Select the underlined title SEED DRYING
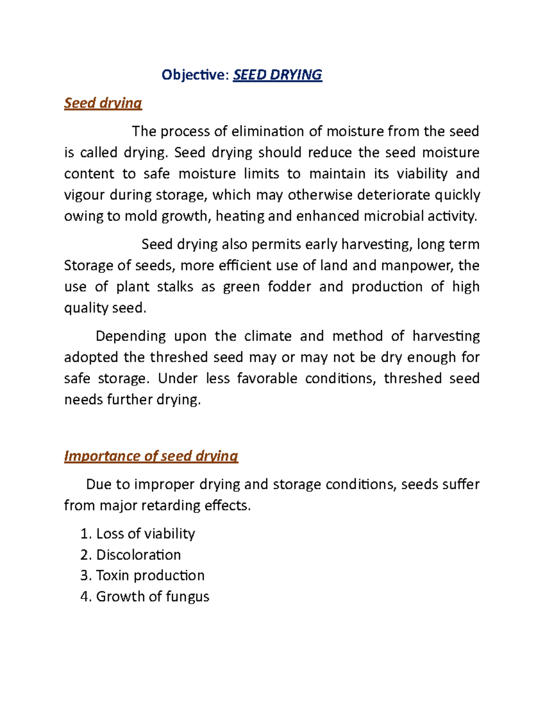tap(277, 75)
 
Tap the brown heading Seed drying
tap(103, 103)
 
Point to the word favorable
tap(267, 379)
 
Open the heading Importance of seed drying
tap(151, 456)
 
